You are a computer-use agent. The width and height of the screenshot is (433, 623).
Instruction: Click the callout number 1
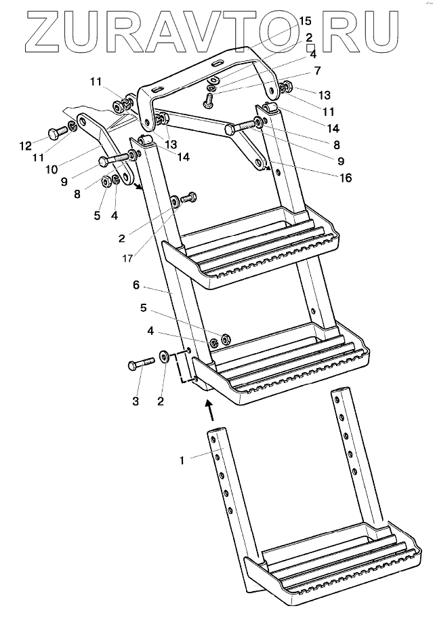pos(182,460)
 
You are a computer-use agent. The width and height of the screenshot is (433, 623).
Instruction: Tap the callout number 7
pos(317,70)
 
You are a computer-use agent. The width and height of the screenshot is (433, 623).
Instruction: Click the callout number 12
pos(26,144)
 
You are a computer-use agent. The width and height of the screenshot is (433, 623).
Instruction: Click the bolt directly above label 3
pos(138,365)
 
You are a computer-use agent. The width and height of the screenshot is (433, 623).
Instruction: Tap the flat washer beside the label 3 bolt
pos(164,357)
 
